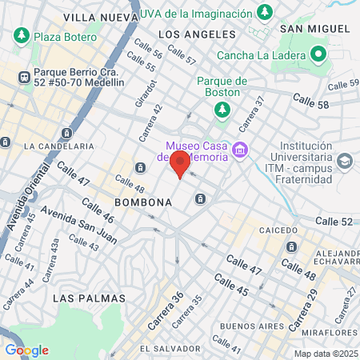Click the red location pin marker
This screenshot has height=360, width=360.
coord(180,165)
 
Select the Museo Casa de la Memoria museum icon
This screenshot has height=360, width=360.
coord(238,150)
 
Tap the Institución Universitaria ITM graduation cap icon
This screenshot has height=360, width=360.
coord(344,161)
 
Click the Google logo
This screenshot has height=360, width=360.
coord(26,350)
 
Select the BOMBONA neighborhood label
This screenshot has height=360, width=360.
coord(143,202)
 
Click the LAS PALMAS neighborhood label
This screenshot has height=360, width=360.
coord(89,298)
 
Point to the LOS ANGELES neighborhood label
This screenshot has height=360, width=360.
coord(197,34)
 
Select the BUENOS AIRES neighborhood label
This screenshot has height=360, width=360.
coord(248,326)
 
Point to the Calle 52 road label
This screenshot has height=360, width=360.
coord(334,221)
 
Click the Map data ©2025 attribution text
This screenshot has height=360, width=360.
coord(326,353)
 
